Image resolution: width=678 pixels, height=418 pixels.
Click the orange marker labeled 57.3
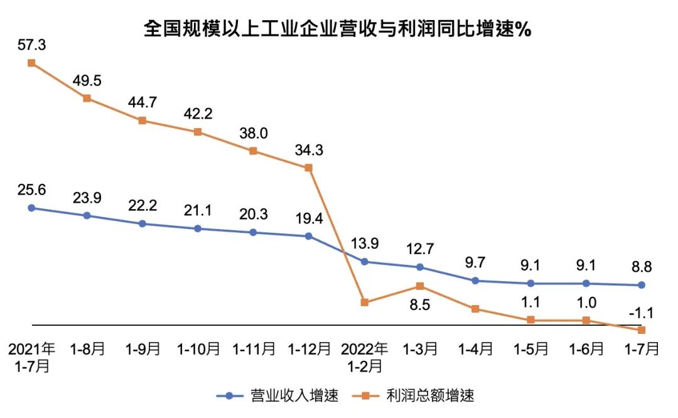click(31, 63)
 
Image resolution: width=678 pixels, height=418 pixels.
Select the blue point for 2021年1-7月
click(31, 208)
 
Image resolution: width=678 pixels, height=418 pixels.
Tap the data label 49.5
click(87, 80)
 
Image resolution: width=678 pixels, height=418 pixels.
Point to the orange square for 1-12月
click(308, 168)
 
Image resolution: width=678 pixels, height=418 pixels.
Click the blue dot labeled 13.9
click(363, 262)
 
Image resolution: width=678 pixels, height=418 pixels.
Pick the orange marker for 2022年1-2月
click(363, 303)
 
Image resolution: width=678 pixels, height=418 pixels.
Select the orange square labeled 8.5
click(419, 286)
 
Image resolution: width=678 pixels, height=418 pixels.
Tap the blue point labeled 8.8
click(641, 285)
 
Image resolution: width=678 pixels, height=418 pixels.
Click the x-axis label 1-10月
click(198, 349)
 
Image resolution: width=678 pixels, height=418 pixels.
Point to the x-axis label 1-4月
click(475, 349)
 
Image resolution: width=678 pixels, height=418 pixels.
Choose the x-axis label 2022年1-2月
click(364, 356)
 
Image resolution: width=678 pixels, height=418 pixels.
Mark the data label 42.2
click(198, 114)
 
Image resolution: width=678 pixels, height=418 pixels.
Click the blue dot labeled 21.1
click(198, 228)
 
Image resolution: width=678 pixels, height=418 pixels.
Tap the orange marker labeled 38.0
click(253, 151)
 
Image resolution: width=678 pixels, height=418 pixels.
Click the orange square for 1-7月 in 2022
click(641, 330)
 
